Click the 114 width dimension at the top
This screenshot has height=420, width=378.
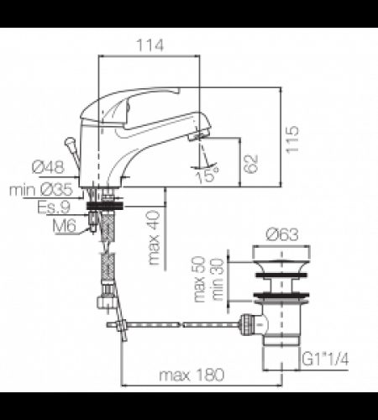pyautogui.click(x=150, y=44)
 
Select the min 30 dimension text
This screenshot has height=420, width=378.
pyautogui.click(x=217, y=273)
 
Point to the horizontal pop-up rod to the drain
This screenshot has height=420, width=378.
pyautogui.click(x=185, y=324)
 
